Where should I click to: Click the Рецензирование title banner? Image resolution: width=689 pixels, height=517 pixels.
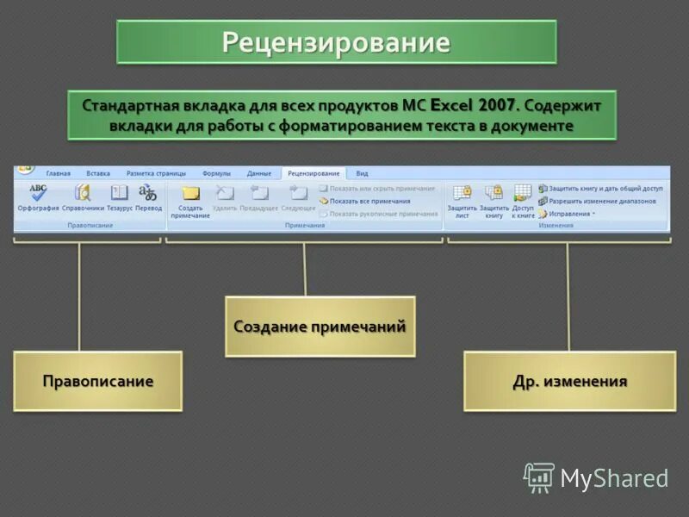tap(336, 42)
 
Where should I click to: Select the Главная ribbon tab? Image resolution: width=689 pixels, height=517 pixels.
tap(59, 173)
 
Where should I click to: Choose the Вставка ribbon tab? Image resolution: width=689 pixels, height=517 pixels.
tap(98, 173)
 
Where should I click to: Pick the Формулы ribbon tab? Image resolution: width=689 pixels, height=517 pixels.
tap(216, 173)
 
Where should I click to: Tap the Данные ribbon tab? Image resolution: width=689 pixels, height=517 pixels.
tap(258, 173)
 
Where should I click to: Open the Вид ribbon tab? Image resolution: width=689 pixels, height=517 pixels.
tap(362, 173)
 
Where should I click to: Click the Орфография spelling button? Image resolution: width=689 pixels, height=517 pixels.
tap(38, 197)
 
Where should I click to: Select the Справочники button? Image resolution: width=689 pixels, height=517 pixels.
tap(83, 197)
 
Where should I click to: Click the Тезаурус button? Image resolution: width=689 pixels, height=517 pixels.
tap(120, 197)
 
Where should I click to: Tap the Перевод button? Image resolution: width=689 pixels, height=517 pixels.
tap(148, 197)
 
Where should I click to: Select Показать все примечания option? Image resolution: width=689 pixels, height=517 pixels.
tap(369, 201)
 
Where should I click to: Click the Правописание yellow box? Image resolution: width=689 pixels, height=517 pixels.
tap(98, 381)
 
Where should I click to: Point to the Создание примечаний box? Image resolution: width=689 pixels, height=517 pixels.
tap(320, 327)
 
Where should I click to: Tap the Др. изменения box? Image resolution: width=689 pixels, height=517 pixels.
tap(569, 381)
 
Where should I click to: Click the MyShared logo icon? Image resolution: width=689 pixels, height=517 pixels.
tap(539, 477)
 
